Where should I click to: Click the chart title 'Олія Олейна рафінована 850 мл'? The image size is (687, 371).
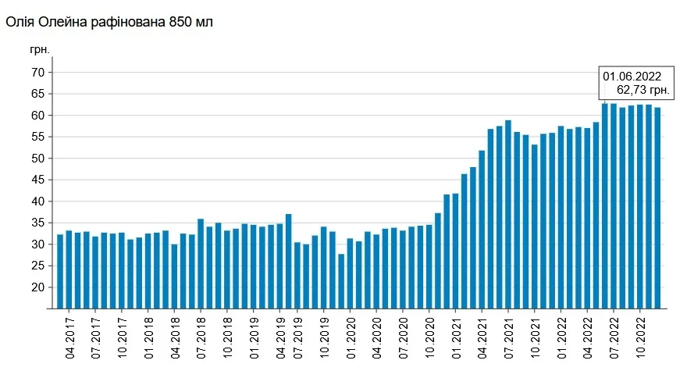(109, 22)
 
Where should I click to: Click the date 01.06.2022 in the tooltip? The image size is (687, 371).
(632, 77)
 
